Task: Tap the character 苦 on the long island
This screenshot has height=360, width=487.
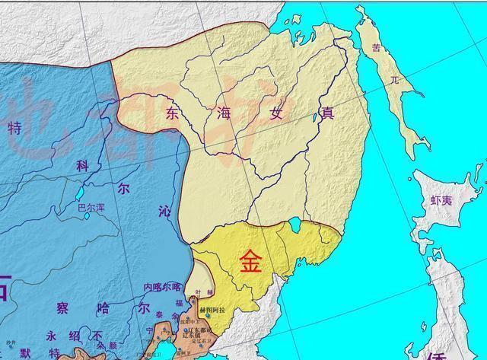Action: (x=375, y=48)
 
